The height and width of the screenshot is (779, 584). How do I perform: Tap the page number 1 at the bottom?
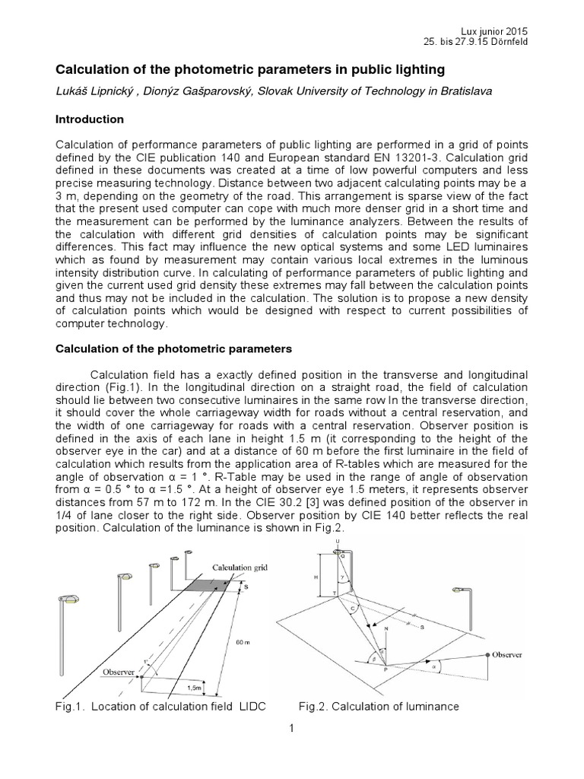291,728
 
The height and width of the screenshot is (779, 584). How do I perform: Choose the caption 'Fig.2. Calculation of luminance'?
379,707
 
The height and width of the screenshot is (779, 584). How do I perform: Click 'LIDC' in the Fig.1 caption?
252,707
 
